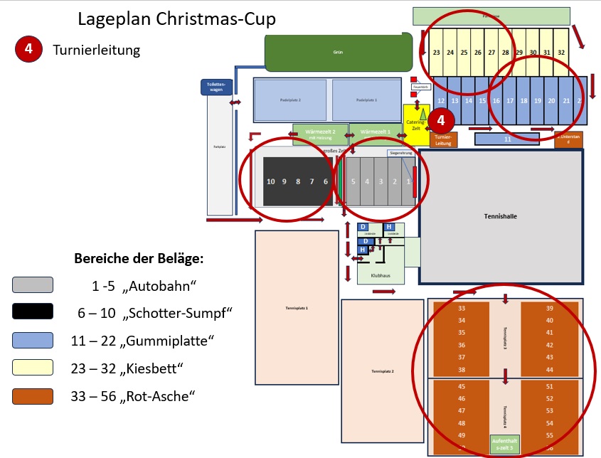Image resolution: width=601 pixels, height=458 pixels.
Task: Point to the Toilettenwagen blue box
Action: coord(216,87)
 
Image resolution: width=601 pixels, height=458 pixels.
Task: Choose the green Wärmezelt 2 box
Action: coord(319,133)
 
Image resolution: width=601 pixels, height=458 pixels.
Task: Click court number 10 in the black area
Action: coord(270,182)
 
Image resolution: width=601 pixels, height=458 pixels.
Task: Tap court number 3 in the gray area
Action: coord(381,182)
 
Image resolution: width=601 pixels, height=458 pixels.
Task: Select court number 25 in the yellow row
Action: coord(464,53)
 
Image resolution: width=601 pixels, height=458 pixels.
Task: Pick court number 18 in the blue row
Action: coord(524,102)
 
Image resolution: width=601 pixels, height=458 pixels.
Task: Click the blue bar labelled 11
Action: coord(508,139)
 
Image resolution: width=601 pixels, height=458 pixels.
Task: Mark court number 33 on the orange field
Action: coord(462,308)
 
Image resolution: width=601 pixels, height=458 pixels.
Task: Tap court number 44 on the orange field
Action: coord(548,370)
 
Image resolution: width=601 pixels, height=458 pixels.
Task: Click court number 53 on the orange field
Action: coord(548,410)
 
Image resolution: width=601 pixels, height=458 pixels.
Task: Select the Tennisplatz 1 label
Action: coord(296,307)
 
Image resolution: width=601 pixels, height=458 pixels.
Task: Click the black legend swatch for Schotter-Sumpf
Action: coord(33,311)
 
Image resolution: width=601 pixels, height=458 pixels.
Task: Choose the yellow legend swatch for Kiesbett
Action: coord(33,367)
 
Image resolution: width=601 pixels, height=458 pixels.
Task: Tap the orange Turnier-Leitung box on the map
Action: coord(443,139)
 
